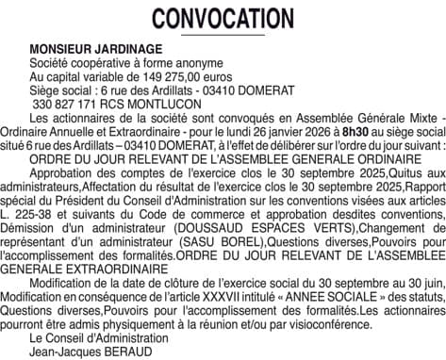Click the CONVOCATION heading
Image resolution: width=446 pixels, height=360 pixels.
click(223, 18)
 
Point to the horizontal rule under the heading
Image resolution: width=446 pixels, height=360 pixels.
click(223, 36)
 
